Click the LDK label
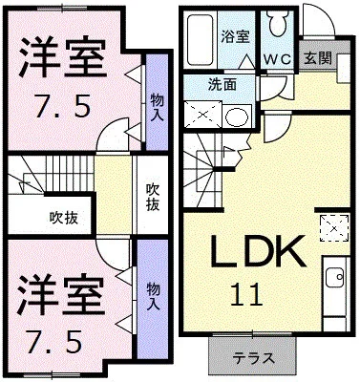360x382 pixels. (258, 252)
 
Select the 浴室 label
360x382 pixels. (235, 37)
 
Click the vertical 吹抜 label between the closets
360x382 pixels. (152, 196)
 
